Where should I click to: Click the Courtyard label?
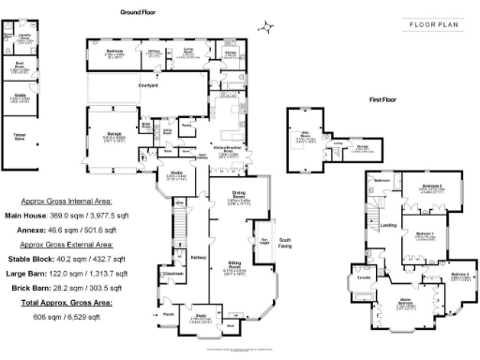point(148,86)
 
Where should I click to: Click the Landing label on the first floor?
point(385,225)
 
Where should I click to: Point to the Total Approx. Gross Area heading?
point(64,307)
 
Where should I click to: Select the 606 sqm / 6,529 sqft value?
point(64,320)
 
